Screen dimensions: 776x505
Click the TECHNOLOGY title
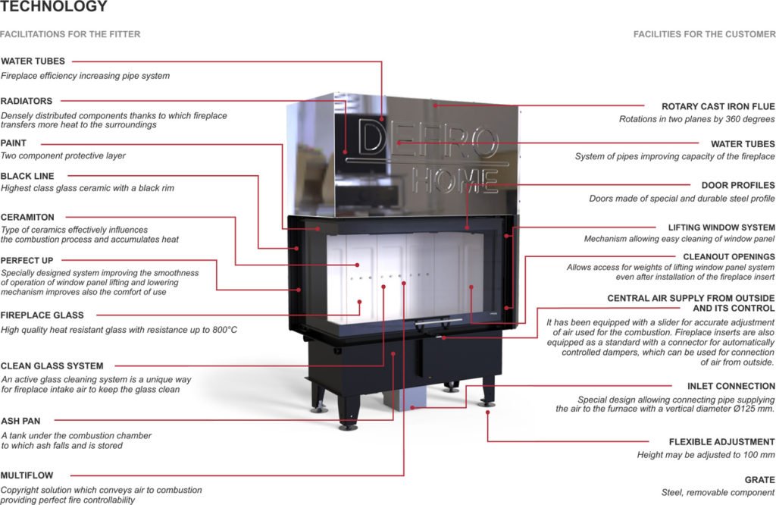pos(54,6)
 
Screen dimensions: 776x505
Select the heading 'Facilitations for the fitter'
pos(70,34)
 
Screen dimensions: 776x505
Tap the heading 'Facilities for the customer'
pos(704,34)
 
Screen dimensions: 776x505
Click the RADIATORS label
pos(27,101)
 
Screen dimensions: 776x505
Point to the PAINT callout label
pos(14,143)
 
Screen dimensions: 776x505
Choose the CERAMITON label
pos(27,218)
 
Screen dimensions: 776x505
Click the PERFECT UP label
pos(27,260)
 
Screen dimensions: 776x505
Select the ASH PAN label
pos(20,422)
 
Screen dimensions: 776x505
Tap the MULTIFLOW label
pos(27,475)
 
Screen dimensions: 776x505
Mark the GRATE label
pos(759,480)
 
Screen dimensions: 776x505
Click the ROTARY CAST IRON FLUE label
pos(718,106)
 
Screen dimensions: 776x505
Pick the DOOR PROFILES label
pos(738,185)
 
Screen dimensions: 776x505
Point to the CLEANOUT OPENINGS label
pos(729,257)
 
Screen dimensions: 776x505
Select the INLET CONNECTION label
pos(731,386)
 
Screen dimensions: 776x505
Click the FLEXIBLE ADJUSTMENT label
pos(722,441)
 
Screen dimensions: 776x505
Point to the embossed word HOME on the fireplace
pos(455,180)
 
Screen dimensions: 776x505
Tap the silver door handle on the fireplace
pos(439,322)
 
